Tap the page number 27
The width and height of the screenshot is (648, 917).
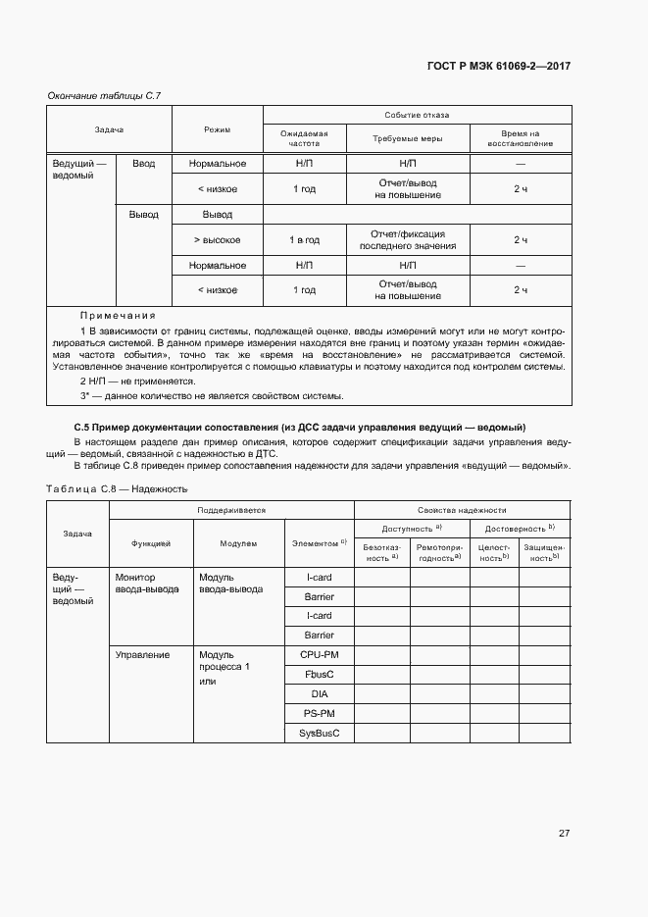tap(564, 833)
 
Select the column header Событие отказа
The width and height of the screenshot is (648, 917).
tap(418, 114)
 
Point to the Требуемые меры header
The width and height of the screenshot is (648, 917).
tap(408, 138)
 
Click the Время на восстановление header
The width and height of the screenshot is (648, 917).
tap(521, 138)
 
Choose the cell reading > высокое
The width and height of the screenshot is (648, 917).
tap(217, 239)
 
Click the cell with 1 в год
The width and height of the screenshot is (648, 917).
tap(305, 239)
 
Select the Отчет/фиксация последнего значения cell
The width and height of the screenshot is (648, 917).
tap(408, 239)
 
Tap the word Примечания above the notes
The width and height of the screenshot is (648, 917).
tap(118, 315)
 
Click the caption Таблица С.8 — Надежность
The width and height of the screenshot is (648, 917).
tap(117, 487)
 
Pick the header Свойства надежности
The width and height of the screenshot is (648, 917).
tap(462, 510)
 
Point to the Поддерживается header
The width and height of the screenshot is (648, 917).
tap(231, 510)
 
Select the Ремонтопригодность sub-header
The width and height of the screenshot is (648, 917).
tap(436, 551)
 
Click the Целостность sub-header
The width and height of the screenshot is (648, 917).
tap(493, 551)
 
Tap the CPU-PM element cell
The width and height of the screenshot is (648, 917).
tap(320, 654)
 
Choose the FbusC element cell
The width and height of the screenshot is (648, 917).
tap(320, 674)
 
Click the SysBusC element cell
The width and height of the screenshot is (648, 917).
tap(320, 733)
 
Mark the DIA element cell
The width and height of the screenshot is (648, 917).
tap(320, 693)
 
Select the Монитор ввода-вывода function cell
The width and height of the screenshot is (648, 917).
tap(147, 584)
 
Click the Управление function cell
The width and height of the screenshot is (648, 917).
tap(142, 654)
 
